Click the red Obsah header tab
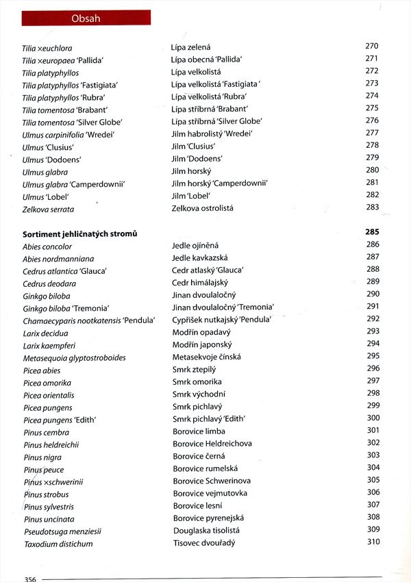(86, 18)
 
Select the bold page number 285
(373, 232)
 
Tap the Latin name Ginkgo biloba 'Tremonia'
(66, 308)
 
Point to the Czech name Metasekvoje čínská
(206, 357)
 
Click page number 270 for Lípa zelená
(372, 46)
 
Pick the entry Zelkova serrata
(48, 209)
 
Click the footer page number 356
(29, 579)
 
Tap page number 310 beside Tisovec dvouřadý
(373, 542)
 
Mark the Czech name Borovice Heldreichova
(212, 444)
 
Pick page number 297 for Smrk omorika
(373, 381)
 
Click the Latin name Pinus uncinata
(49, 519)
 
